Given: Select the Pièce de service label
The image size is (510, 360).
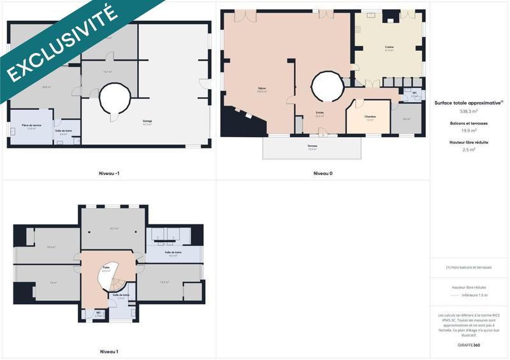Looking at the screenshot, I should click(27, 126).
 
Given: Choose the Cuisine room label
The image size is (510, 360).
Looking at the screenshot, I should click(389, 48).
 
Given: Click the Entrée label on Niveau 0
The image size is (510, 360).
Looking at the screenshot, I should click(319, 113).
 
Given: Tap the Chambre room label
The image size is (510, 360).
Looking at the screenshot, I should click(370, 117).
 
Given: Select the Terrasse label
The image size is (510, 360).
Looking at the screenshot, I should click(312, 146).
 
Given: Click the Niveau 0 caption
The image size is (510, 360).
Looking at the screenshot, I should click(323, 173).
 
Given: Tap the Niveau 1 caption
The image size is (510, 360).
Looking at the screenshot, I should click(109, 351).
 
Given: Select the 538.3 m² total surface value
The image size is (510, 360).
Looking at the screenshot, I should click(469, 111).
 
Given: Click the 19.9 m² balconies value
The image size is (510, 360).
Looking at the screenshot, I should click(469, 130).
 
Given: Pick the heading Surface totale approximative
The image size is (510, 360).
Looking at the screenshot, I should click(469, 103).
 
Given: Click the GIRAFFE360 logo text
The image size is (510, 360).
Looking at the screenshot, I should click(469, 345).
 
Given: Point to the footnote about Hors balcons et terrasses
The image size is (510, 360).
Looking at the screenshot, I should click(469, 268).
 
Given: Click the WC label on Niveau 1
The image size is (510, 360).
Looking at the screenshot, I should click(99, 312).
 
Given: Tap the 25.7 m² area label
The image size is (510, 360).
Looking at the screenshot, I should click(115, 228).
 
